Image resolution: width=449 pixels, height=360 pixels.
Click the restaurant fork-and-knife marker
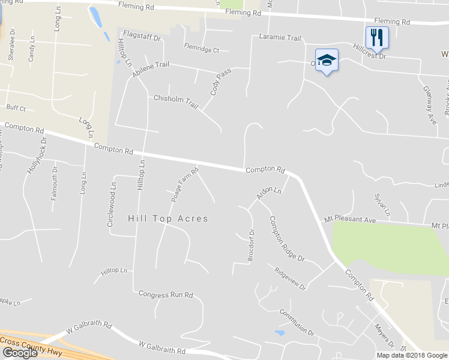(x=377, y=37)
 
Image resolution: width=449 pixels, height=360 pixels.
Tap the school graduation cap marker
(x=327, y=60)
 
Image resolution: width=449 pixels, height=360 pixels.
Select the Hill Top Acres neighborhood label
(x=168, y=218)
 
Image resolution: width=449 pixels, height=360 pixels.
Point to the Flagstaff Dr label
(x=142, y=37)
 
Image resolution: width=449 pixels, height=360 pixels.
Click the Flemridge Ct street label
(x=202, y=50)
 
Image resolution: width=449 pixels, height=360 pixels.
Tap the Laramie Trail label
(x=280, y=38)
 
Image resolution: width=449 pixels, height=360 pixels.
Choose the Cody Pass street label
(x=220, y=82)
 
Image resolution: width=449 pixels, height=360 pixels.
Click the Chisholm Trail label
(x=176, y=101)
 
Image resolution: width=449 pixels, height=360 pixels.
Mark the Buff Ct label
(x=16, y=108)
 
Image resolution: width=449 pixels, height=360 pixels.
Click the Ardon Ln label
(x=268, y=193)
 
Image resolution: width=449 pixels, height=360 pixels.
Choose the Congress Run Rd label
(x=166, y=295)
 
